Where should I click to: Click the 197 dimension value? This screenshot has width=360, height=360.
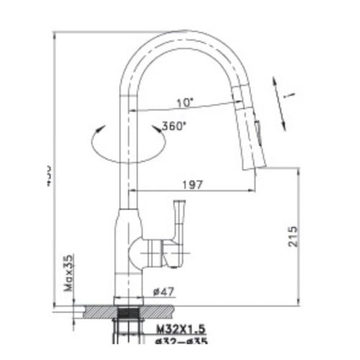tap(191, 184)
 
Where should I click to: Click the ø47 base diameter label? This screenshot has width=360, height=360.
tap(162, 292)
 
